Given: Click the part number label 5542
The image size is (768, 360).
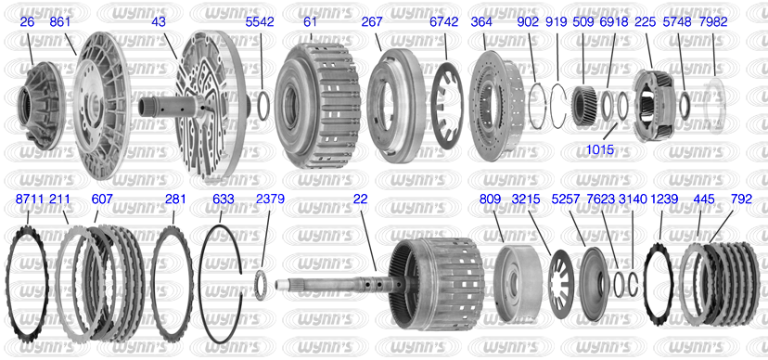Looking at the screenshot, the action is pyautogui.click(x=260, y=22).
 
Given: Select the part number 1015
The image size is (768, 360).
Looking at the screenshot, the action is pyautogui.click(x=600, y=150).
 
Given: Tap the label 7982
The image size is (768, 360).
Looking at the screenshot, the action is pyautogui.click(x=713, y=22).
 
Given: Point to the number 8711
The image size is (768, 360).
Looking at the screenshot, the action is pyautogui.click(x=30, y=199).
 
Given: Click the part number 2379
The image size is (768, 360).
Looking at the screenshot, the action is pyautogui.click(x=270, y=199).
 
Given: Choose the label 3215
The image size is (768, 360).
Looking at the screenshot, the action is pyautogui.click(x=526, y=199).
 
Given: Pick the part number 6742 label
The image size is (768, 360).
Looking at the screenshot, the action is pyautogui.click(x=443, y=22).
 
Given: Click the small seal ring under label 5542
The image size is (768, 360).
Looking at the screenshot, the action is pyautogui.click(x=262, y=105).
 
